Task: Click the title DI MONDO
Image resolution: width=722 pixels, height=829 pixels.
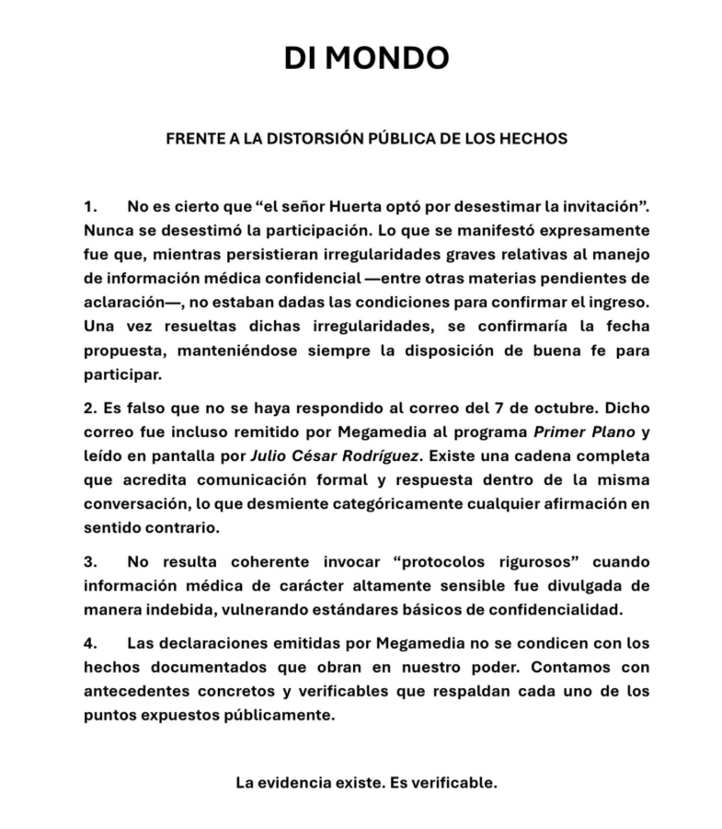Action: click(366, 58)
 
